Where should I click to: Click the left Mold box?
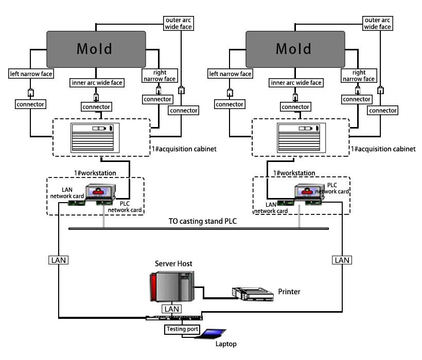95,48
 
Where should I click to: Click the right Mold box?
294,48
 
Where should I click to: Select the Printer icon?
252,293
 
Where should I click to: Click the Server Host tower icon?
170,287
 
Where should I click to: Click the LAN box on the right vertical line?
342,260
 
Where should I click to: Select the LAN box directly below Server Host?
171,309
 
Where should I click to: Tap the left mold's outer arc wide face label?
179,23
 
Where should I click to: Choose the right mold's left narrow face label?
230,74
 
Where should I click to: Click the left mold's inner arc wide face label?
95,82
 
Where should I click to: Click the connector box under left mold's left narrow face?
30,104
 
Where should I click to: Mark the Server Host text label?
174,264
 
